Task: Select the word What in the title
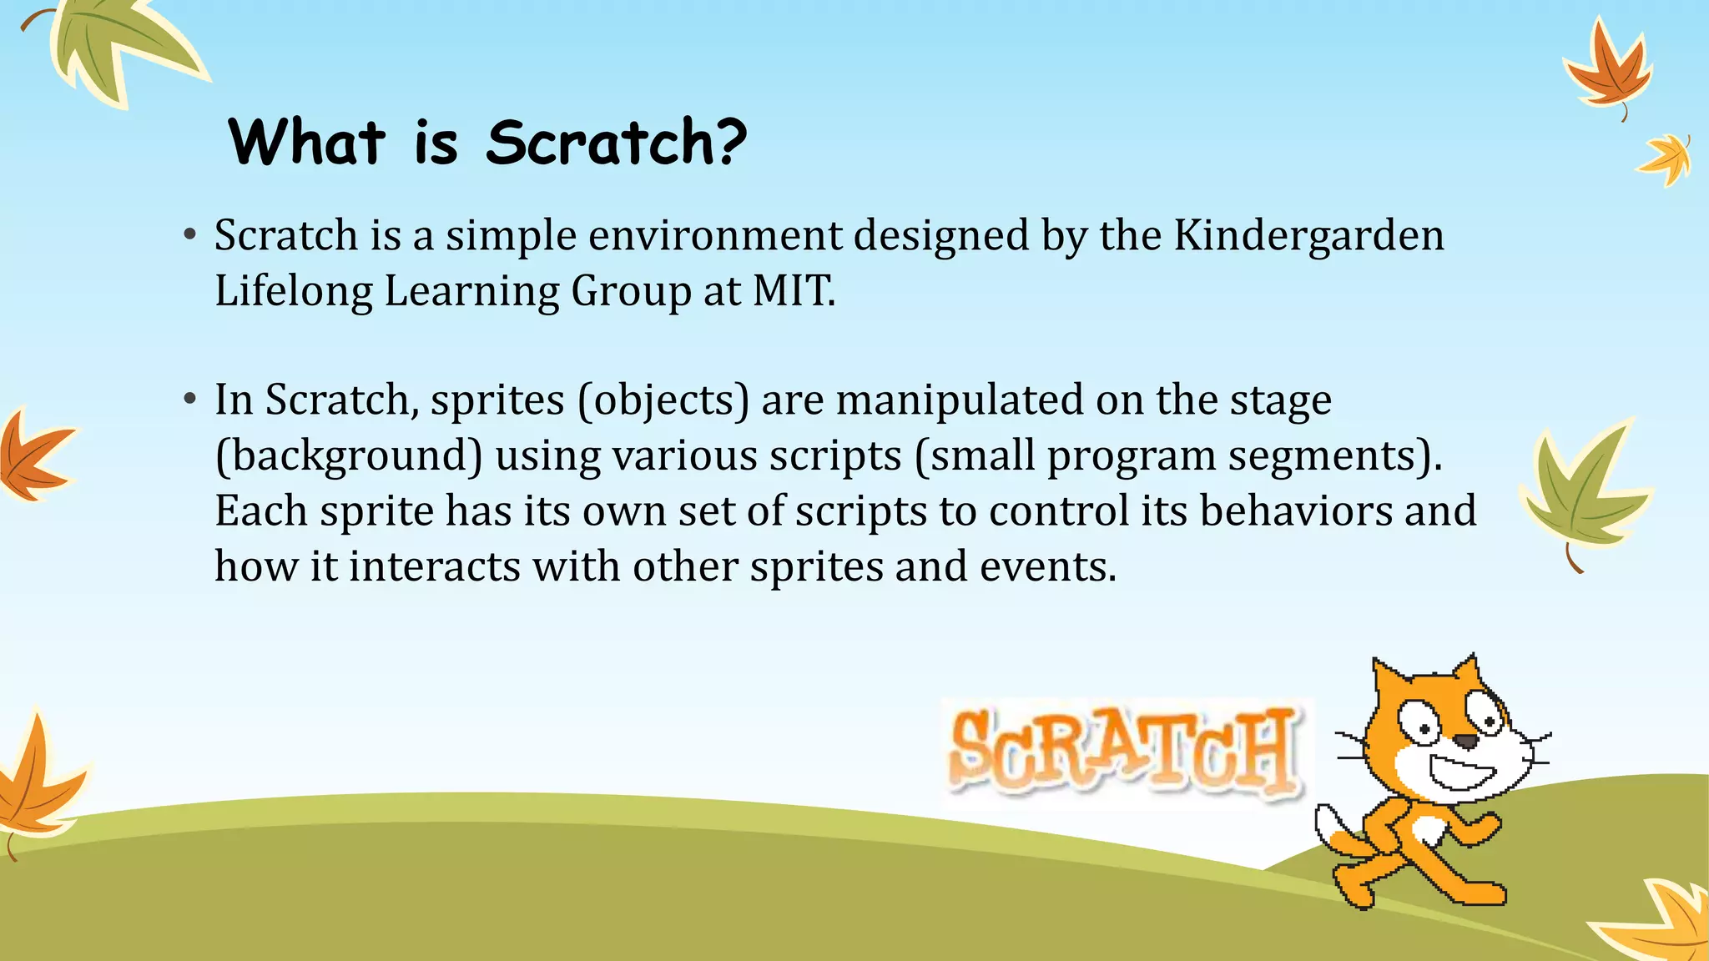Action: [306, 142]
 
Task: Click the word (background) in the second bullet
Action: [349, 456]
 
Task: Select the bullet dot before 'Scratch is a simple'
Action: [190, 236]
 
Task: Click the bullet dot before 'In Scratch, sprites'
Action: [190, 400]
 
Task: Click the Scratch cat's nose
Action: [1465, 741]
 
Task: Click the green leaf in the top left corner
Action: [117, 46]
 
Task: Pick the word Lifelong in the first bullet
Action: [293, 292]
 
